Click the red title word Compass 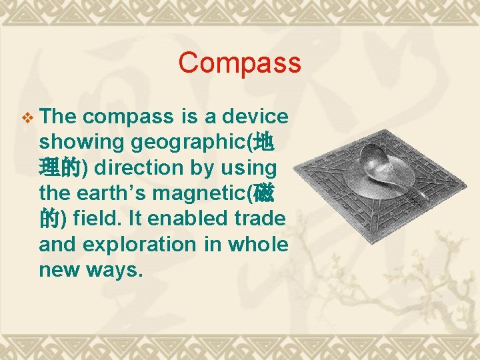pyautogui.click(x=239, y=63)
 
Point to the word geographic pyautogui.click(x=189, y=142)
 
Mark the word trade pyautogui.click(x=262, y=219)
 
